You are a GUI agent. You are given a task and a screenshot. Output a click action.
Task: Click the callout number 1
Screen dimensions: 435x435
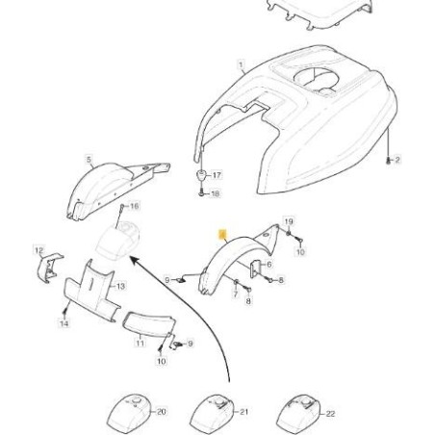(x=241, y=64)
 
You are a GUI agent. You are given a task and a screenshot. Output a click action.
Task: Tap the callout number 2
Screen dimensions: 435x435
(x=397, y=160)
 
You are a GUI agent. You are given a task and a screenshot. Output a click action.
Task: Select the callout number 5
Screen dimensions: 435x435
(x=89, y=159)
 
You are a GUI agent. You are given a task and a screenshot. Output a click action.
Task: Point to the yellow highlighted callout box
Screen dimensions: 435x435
(x=222, y=234)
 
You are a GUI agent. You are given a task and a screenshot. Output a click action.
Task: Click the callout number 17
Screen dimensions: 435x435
(x=217, y=175)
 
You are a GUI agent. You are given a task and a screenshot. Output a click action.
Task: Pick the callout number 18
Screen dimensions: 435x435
(x=216, y=193)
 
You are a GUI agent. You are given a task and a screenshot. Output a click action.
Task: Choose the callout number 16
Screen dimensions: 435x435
(x=134, y=206)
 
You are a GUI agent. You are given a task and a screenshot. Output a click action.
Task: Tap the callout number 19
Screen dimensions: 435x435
(x=289, y=221)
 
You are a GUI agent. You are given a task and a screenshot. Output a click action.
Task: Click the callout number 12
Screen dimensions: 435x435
(x=38, y=250)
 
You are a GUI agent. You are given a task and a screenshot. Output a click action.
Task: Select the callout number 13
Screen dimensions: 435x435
(x=120, y=286)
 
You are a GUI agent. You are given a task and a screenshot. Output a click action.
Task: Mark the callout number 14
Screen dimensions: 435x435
(x=64, y=323)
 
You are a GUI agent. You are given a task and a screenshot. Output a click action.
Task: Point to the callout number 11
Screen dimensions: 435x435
(x=140, y=343)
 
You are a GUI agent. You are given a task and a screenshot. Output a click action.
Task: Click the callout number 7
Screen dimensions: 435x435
(x=236, y=294)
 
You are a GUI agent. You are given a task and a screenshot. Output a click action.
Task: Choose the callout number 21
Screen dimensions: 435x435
(x=244, y=411)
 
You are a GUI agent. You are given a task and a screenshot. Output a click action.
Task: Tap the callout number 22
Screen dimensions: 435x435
(x=330, y=414)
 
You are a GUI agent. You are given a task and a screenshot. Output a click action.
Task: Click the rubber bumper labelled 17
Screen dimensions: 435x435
(x=202, y=176)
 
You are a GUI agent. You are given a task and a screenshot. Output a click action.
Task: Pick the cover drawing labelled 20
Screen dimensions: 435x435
(x=128, y=413)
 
